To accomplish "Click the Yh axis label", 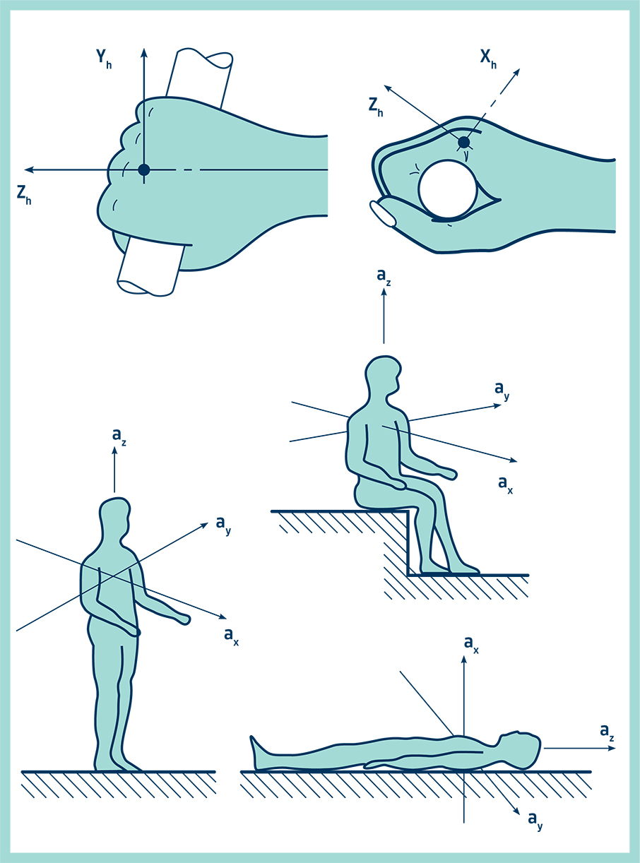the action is coord(104,59).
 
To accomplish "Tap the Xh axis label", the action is coord(488,59).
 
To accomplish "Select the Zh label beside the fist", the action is coord(24,195).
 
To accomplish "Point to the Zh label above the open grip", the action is coord(376,107).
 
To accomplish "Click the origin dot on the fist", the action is coord(144,169).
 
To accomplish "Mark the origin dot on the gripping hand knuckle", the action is coord(463,143).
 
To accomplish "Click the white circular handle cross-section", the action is coord(448,189).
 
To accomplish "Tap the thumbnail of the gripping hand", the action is coord(384,213).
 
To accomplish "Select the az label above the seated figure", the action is coord(384,277).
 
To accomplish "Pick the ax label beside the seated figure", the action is coord(505,484).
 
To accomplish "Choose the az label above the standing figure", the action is coord(119,436).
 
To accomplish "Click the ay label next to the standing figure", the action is coord(223,525).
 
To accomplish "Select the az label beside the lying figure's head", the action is coord(607,732).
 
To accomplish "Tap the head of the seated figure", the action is coord(384,374).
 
